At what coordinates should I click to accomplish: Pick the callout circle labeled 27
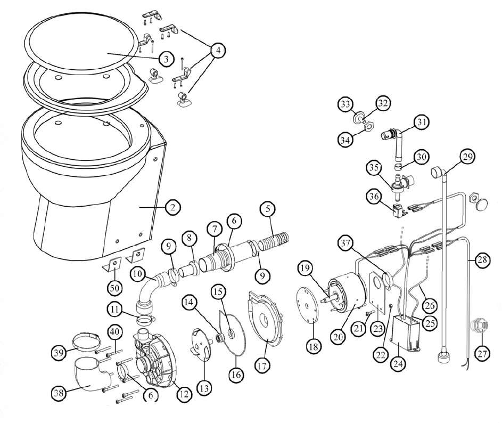tap(482, 352)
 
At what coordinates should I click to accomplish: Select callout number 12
tap(183, 395)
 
